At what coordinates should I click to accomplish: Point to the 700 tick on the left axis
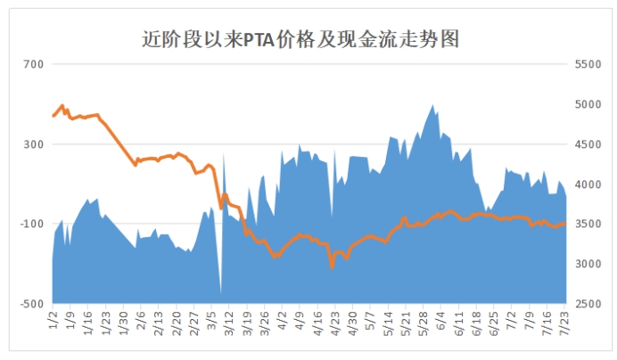coord(34,64)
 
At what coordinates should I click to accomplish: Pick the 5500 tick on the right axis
coord(588,64)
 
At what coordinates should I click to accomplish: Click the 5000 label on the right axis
coord(588,104)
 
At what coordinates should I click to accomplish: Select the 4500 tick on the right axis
coord(588,144)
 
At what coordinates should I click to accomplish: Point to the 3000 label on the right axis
coord(588,264)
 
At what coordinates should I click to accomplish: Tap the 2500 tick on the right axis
coord(588,304)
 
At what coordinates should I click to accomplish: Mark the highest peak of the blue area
coord(433,104)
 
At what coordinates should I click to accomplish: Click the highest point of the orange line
coord(62,105)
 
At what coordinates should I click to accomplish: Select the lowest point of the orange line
coord(332,267)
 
